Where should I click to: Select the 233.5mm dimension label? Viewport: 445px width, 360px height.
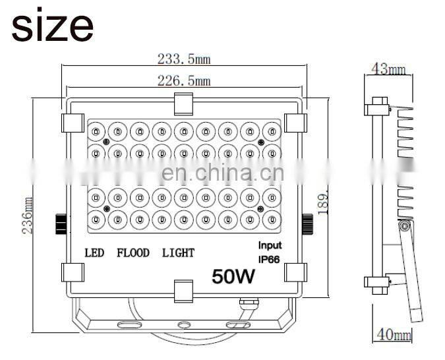[x=183, y=59]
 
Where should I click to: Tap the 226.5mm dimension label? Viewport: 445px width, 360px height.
[x=183, y=81]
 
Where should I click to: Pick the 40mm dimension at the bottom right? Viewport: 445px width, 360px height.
[x=393, y=336]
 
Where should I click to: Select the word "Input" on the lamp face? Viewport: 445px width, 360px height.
[x=269, y=245]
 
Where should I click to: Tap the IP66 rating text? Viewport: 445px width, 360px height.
[x=269, y=258]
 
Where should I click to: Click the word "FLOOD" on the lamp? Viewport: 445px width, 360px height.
[x=133, y=253]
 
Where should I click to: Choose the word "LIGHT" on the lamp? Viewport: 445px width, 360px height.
[x=178, y=253]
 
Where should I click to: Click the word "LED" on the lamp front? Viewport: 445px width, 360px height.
[x=94, y=253]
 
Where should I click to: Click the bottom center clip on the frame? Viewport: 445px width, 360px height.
[x=183, y=288]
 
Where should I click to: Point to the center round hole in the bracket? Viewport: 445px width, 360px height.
[x=183, y=325]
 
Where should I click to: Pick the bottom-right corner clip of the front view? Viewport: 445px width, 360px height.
[x=295, y=272]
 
